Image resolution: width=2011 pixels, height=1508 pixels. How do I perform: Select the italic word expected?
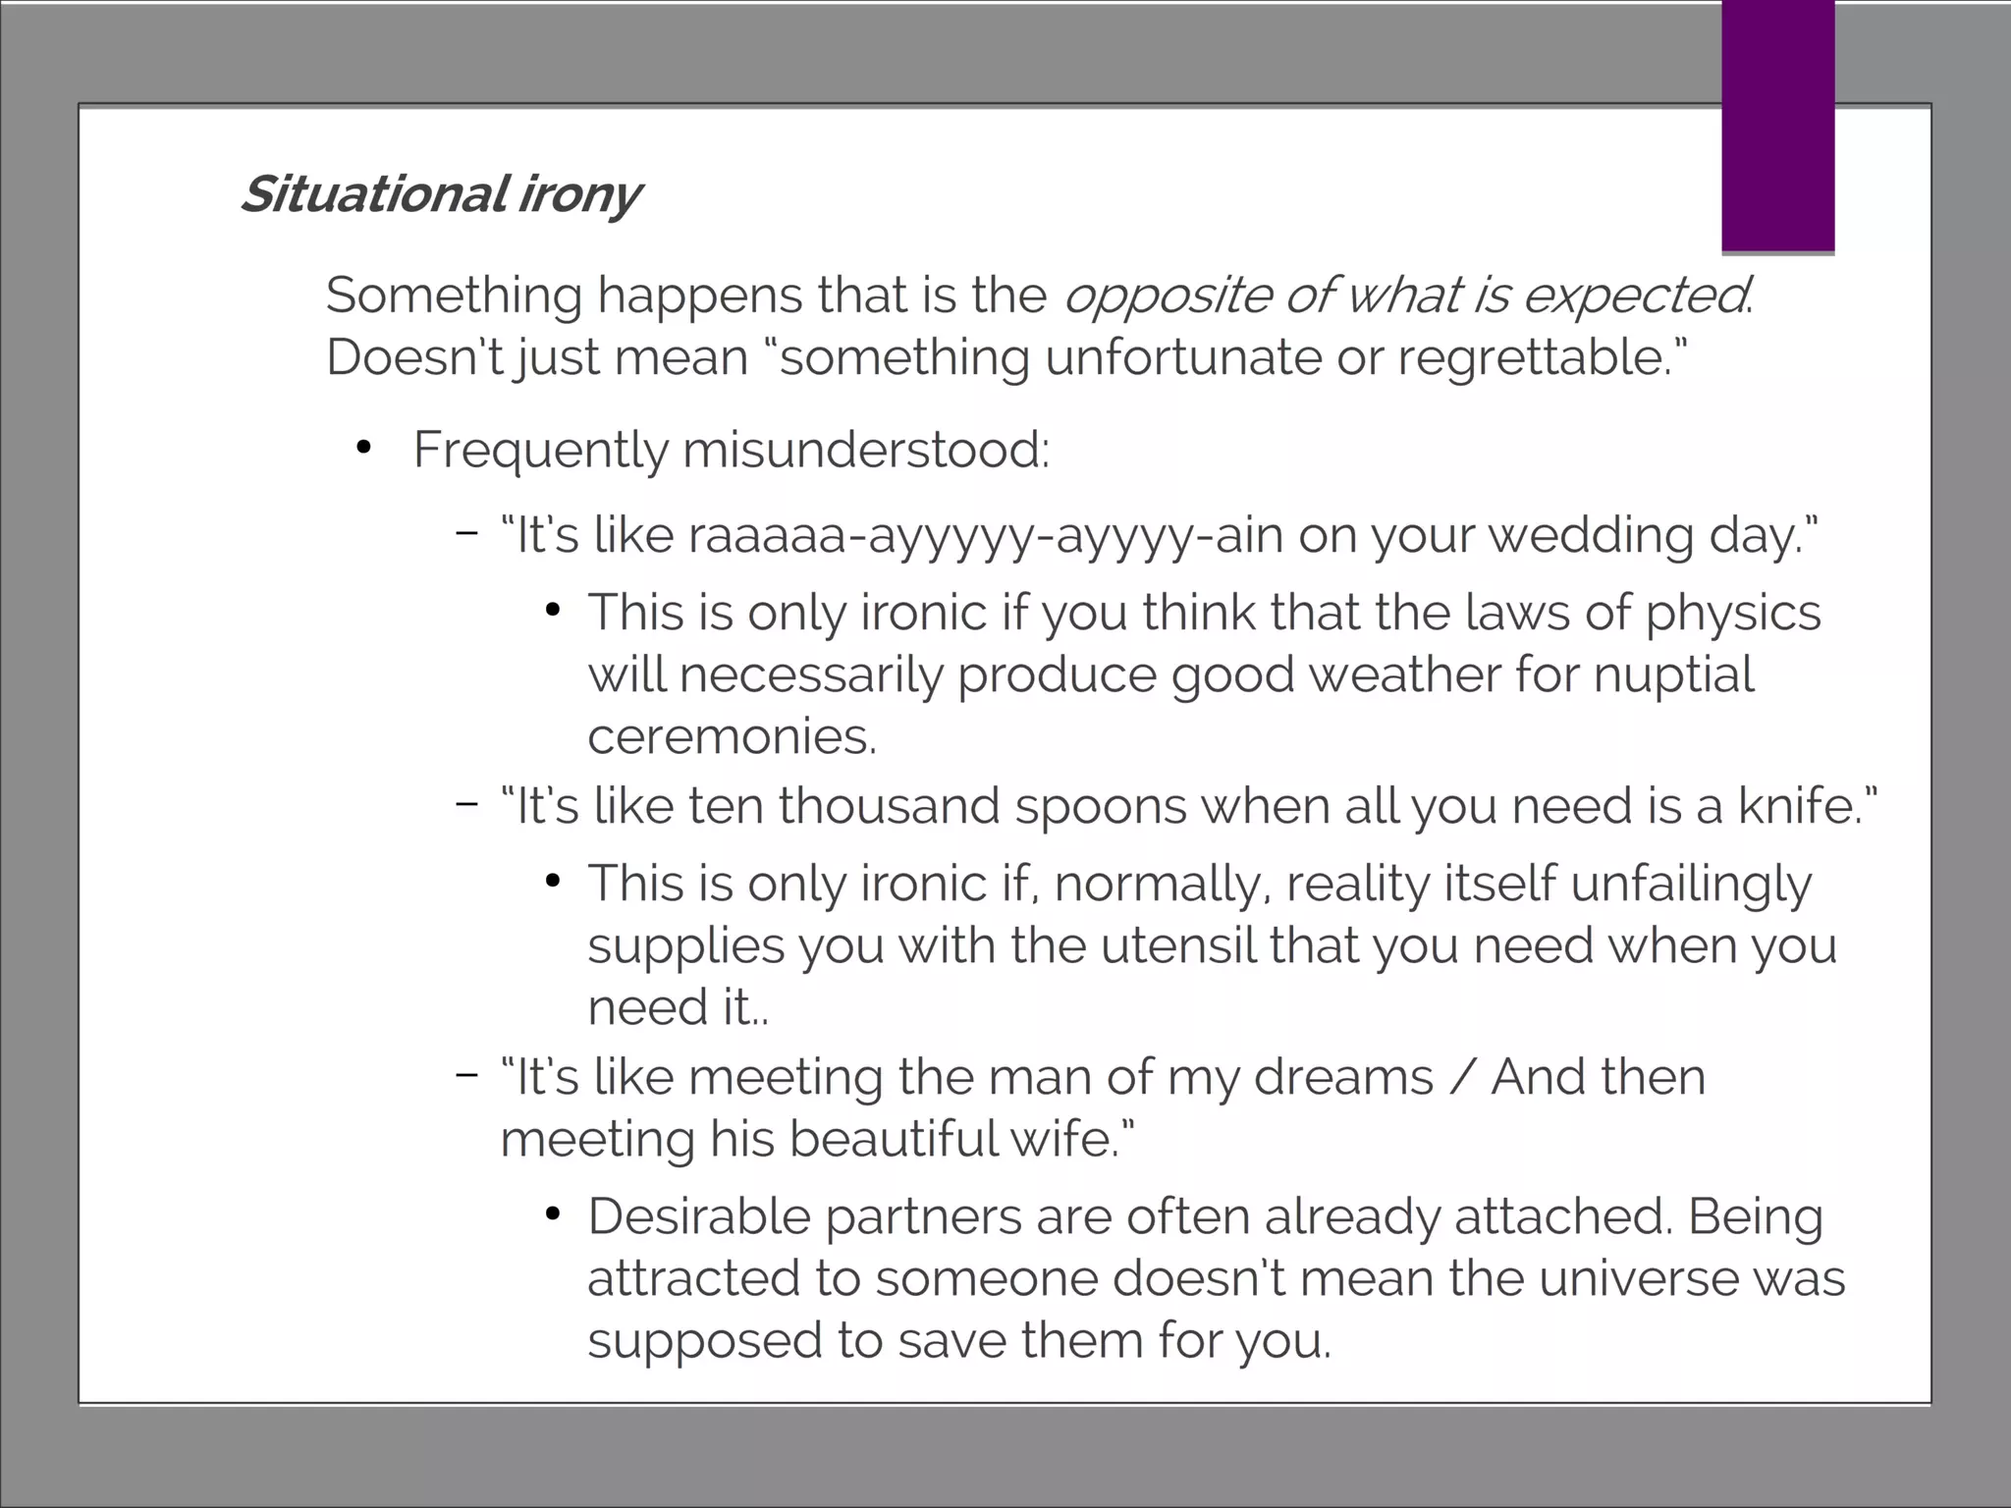(1634, 296)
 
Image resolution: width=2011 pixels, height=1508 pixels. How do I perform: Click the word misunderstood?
(865, 451)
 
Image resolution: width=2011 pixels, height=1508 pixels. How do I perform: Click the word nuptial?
(1673, 675)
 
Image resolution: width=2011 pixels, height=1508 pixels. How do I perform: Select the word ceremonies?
(731, 736)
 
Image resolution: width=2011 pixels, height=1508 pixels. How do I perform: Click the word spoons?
(1101, 807)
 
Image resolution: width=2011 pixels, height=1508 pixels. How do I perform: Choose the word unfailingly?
(1690, 885)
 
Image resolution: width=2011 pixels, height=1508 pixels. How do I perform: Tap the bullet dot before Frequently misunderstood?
(364, 449)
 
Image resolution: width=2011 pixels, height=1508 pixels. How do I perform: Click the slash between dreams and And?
(1462, 1077)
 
